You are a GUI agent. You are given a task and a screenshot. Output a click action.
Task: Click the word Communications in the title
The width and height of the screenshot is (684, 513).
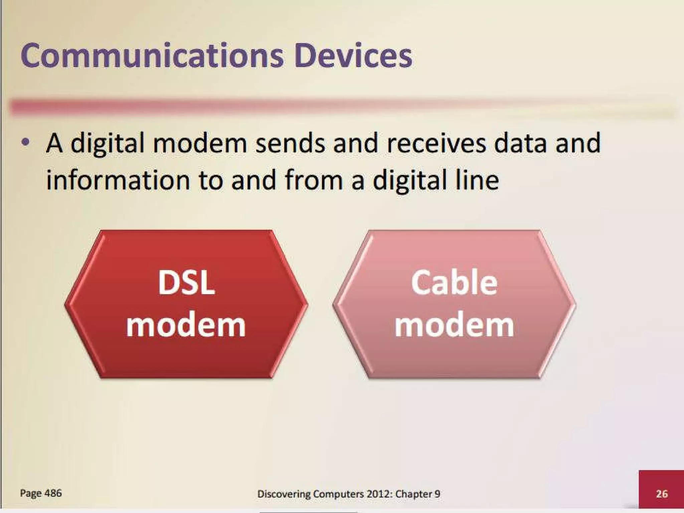[152, 56]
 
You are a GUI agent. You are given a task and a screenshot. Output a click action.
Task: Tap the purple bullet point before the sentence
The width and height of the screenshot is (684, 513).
[25, 143]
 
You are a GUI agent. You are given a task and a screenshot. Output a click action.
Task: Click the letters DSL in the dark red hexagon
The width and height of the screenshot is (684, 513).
[186, 283]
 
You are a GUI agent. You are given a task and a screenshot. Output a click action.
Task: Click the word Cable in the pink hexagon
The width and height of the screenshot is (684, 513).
[454, 283]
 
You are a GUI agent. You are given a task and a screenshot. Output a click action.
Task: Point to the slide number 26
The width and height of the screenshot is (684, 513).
[662, 494]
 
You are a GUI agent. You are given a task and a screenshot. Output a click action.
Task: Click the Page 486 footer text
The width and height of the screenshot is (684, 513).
[41, 493]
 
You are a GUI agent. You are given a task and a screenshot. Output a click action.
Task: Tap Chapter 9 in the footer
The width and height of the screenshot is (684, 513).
[417, 494]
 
